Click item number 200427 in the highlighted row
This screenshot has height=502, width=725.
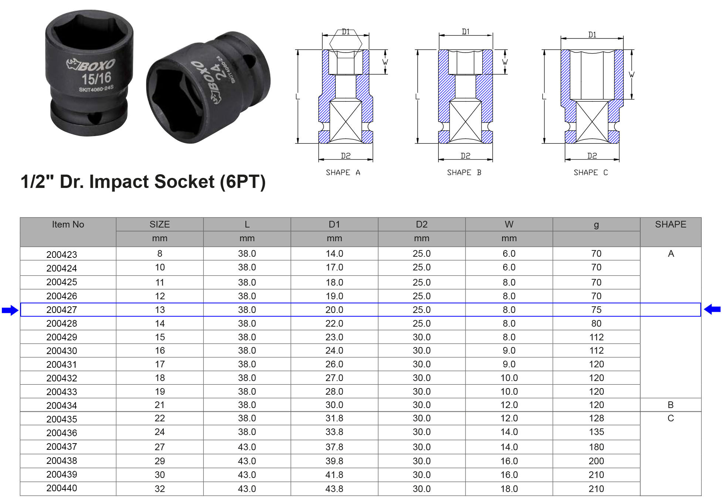(62, 310)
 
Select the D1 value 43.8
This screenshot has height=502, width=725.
(334, 489)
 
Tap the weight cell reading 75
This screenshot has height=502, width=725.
(596, 310)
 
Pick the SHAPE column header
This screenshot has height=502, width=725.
(670, 224)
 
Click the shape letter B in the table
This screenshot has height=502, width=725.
(670, 405)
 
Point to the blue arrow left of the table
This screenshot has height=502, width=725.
(10, 310)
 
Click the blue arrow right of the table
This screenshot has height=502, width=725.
(712, 309)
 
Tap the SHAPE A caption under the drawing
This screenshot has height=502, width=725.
(343, 172)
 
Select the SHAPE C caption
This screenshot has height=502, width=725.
(590, 172)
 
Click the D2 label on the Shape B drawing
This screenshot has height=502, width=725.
(465, 156)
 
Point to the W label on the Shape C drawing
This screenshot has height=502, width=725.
(631, 75)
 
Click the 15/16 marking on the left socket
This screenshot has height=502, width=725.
(96, 78)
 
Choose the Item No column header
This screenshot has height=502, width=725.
(68, 224)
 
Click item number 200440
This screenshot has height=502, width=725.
(62, 488)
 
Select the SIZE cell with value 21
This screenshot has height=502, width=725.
(160, 405)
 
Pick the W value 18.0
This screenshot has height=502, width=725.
(509, 489)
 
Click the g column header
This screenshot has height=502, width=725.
(596, 225)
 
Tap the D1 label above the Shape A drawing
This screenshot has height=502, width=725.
(346, 32)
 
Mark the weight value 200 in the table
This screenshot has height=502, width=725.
(596, 461)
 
